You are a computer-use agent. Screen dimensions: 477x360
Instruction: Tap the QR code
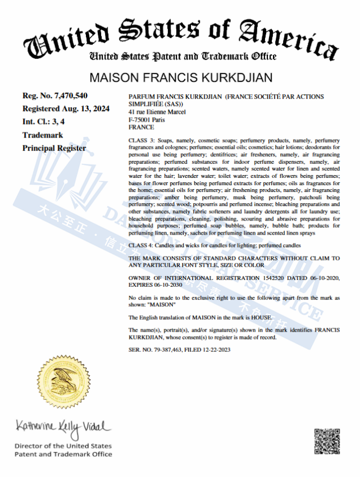[x=327, y=442]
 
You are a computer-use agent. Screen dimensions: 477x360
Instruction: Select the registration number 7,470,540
[x=66, y=95]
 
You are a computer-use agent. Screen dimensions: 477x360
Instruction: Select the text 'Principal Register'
[x=54, y=148]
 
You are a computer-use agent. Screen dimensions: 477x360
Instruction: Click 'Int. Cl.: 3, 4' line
[x=47, y=122]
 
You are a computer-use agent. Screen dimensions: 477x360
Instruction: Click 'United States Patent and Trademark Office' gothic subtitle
[x=183, y=56]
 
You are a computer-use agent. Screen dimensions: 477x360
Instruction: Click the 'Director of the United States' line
[x=63, y=446]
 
